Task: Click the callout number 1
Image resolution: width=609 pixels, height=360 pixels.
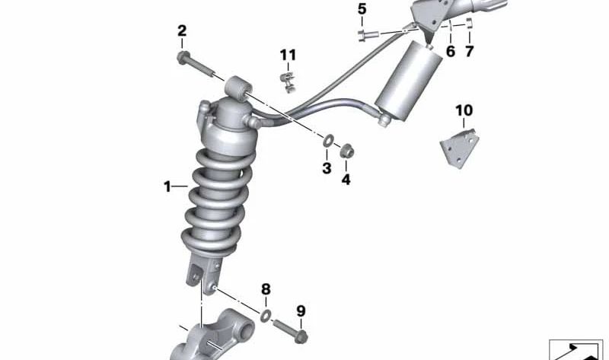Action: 167,186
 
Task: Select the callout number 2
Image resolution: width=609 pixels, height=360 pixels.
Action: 182,31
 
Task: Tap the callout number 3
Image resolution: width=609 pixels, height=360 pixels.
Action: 326,168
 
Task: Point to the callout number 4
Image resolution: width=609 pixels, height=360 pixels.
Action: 346,180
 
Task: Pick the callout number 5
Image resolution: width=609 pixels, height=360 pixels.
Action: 362,9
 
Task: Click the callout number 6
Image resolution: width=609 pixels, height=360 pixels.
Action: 450,52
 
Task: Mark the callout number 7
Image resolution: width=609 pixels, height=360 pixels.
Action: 469,52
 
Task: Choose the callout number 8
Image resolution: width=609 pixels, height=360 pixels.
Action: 266,289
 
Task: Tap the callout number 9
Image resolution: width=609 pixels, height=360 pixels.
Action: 300,311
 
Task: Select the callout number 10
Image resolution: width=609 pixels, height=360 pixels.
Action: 464,110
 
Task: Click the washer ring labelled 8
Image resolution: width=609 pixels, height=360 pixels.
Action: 266,315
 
